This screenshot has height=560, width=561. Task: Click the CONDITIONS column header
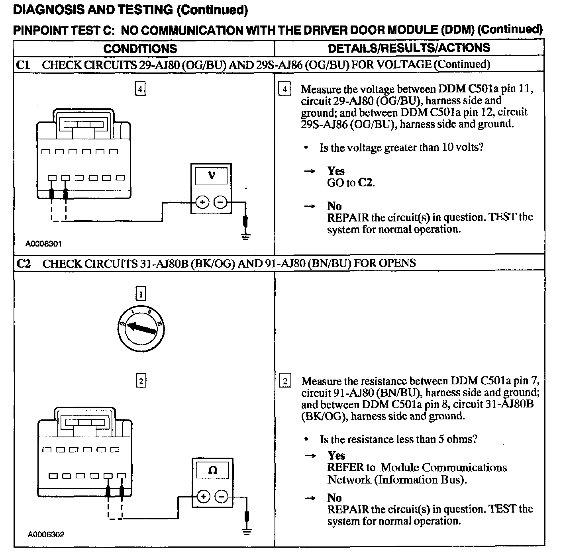140,49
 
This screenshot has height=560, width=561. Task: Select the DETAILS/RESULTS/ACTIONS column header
409,48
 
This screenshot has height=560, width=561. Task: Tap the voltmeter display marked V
212,175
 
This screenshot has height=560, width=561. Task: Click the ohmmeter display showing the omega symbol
213,470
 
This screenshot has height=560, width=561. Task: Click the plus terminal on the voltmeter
202,203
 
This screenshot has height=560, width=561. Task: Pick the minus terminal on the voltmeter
220,203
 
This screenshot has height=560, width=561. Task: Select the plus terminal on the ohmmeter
203,496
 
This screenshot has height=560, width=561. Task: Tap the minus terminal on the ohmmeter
222,496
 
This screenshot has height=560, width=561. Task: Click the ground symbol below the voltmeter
246,237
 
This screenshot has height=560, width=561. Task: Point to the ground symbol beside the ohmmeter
247,531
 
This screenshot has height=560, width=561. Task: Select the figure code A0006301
43,244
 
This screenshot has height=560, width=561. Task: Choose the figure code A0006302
46,535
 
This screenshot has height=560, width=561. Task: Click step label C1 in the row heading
23,65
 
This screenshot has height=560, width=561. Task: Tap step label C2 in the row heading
24,264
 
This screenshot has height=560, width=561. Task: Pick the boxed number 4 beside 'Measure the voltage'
284,89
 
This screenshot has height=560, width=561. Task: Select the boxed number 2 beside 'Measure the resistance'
285,381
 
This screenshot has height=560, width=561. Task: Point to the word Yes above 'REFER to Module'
336,455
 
